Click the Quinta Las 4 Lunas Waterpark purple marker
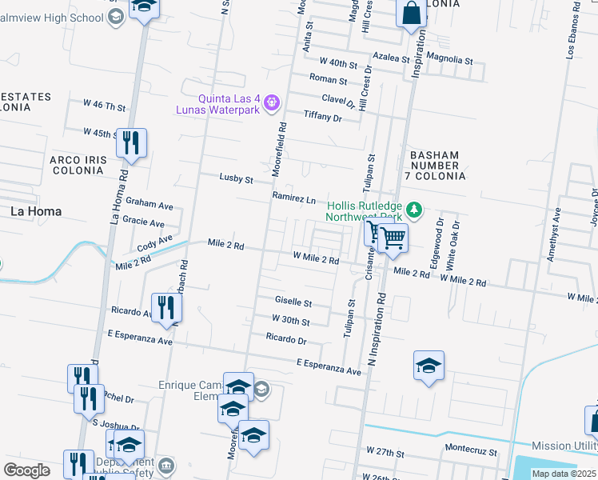[x=272, y=102]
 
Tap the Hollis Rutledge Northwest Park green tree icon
[x=413, y=210]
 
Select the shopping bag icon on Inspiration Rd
[x=411, y=14]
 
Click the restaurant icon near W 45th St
[x=131, y=143]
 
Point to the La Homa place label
[x=35, y=211]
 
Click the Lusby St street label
[x=236, y=179]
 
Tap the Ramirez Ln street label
[x=294, y=198]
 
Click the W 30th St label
[x=290, y=321]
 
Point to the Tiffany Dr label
[x=322, y=117]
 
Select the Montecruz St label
[x=471, y=452]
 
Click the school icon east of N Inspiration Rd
[x=429, y=366]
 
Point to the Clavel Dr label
[x=338, y=100]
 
